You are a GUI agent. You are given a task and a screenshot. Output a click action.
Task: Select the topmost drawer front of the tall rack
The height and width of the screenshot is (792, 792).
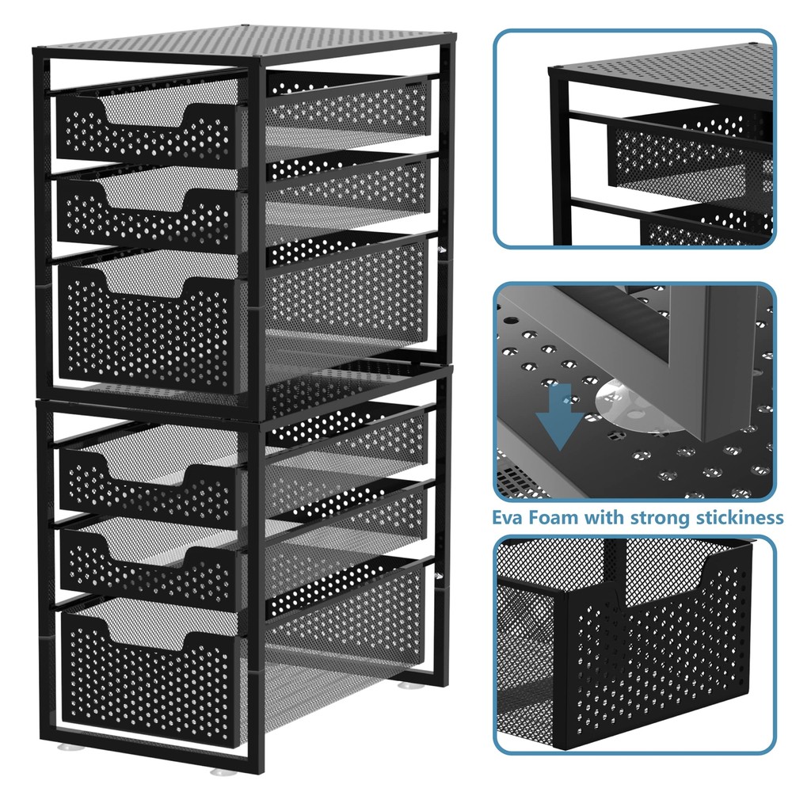tap(146, 132)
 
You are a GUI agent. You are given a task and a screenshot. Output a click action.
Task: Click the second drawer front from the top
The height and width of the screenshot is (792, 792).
tap(147, 213)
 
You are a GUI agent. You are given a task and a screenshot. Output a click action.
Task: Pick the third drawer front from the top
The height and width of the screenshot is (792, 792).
tap(149, 329)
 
